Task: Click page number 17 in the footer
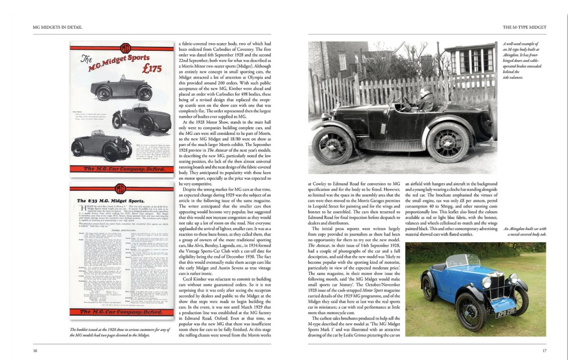544,350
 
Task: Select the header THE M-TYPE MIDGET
524,27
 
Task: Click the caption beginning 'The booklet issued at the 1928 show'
121,333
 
